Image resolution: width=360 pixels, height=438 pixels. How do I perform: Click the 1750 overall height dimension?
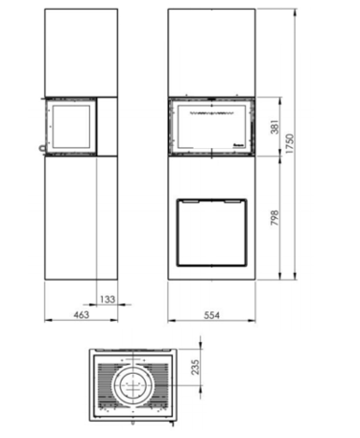[x=290, y=143]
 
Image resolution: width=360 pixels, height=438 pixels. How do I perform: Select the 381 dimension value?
[x=276, y=127]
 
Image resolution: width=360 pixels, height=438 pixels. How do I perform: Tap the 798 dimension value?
[x=275, y=218]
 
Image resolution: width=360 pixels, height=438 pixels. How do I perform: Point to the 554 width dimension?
[x=212, y=315]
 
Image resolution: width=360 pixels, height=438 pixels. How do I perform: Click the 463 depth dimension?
[x=82, y=315]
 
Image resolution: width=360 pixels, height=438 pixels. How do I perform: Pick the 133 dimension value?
[x=108, y=300]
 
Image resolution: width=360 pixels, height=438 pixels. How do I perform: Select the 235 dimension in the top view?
[x=195, y=367]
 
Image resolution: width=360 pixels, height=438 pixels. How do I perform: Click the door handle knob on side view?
[x=42, y=149]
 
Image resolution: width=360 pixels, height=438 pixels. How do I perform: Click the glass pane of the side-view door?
[x=71, y=127]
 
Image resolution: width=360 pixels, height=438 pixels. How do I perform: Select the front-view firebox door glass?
[x=211, y=126]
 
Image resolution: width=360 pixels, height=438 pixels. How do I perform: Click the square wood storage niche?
[x=212, y=232]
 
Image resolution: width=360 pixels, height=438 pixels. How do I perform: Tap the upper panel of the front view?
[x=211, y=53]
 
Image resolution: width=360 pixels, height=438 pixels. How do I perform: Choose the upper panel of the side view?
[x=82, y=53]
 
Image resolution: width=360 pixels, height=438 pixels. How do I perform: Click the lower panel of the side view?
[x=82, y=218]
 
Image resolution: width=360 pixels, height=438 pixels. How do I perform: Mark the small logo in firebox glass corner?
[x=239, y=145]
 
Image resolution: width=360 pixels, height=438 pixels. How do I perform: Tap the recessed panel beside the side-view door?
[x=107, y=127]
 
